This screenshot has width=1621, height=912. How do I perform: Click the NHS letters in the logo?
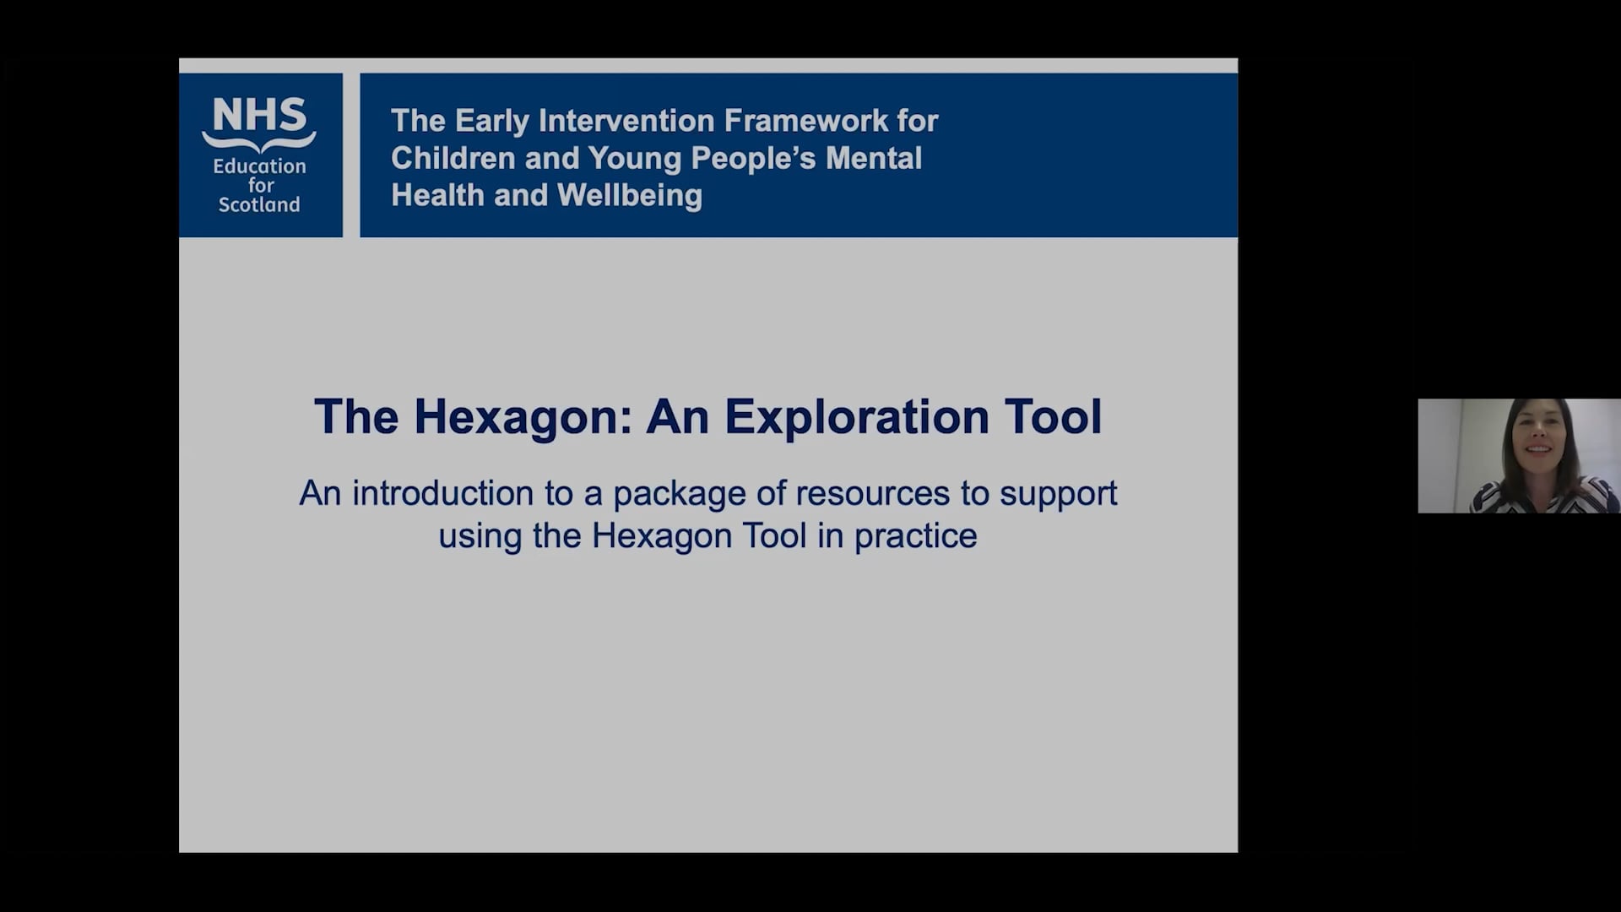tap(259, 115)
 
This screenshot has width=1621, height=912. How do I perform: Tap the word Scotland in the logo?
tap(259, 204)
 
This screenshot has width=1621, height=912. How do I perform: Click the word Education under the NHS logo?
tap(259, 166)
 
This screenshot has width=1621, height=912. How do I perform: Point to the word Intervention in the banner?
tap(626, 121)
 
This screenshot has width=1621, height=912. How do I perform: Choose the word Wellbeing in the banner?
tap(629, 195)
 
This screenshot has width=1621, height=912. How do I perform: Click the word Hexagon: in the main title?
tap(523, 416)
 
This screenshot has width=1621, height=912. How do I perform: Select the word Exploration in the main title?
tap(856, 416)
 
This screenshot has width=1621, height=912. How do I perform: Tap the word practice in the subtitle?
tap(915, 536)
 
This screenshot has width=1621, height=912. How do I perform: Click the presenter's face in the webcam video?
tap(1538, 443)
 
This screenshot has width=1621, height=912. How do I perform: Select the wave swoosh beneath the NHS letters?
tap(259, 141)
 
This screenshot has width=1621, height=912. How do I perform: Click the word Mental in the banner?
tap(874, 158)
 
